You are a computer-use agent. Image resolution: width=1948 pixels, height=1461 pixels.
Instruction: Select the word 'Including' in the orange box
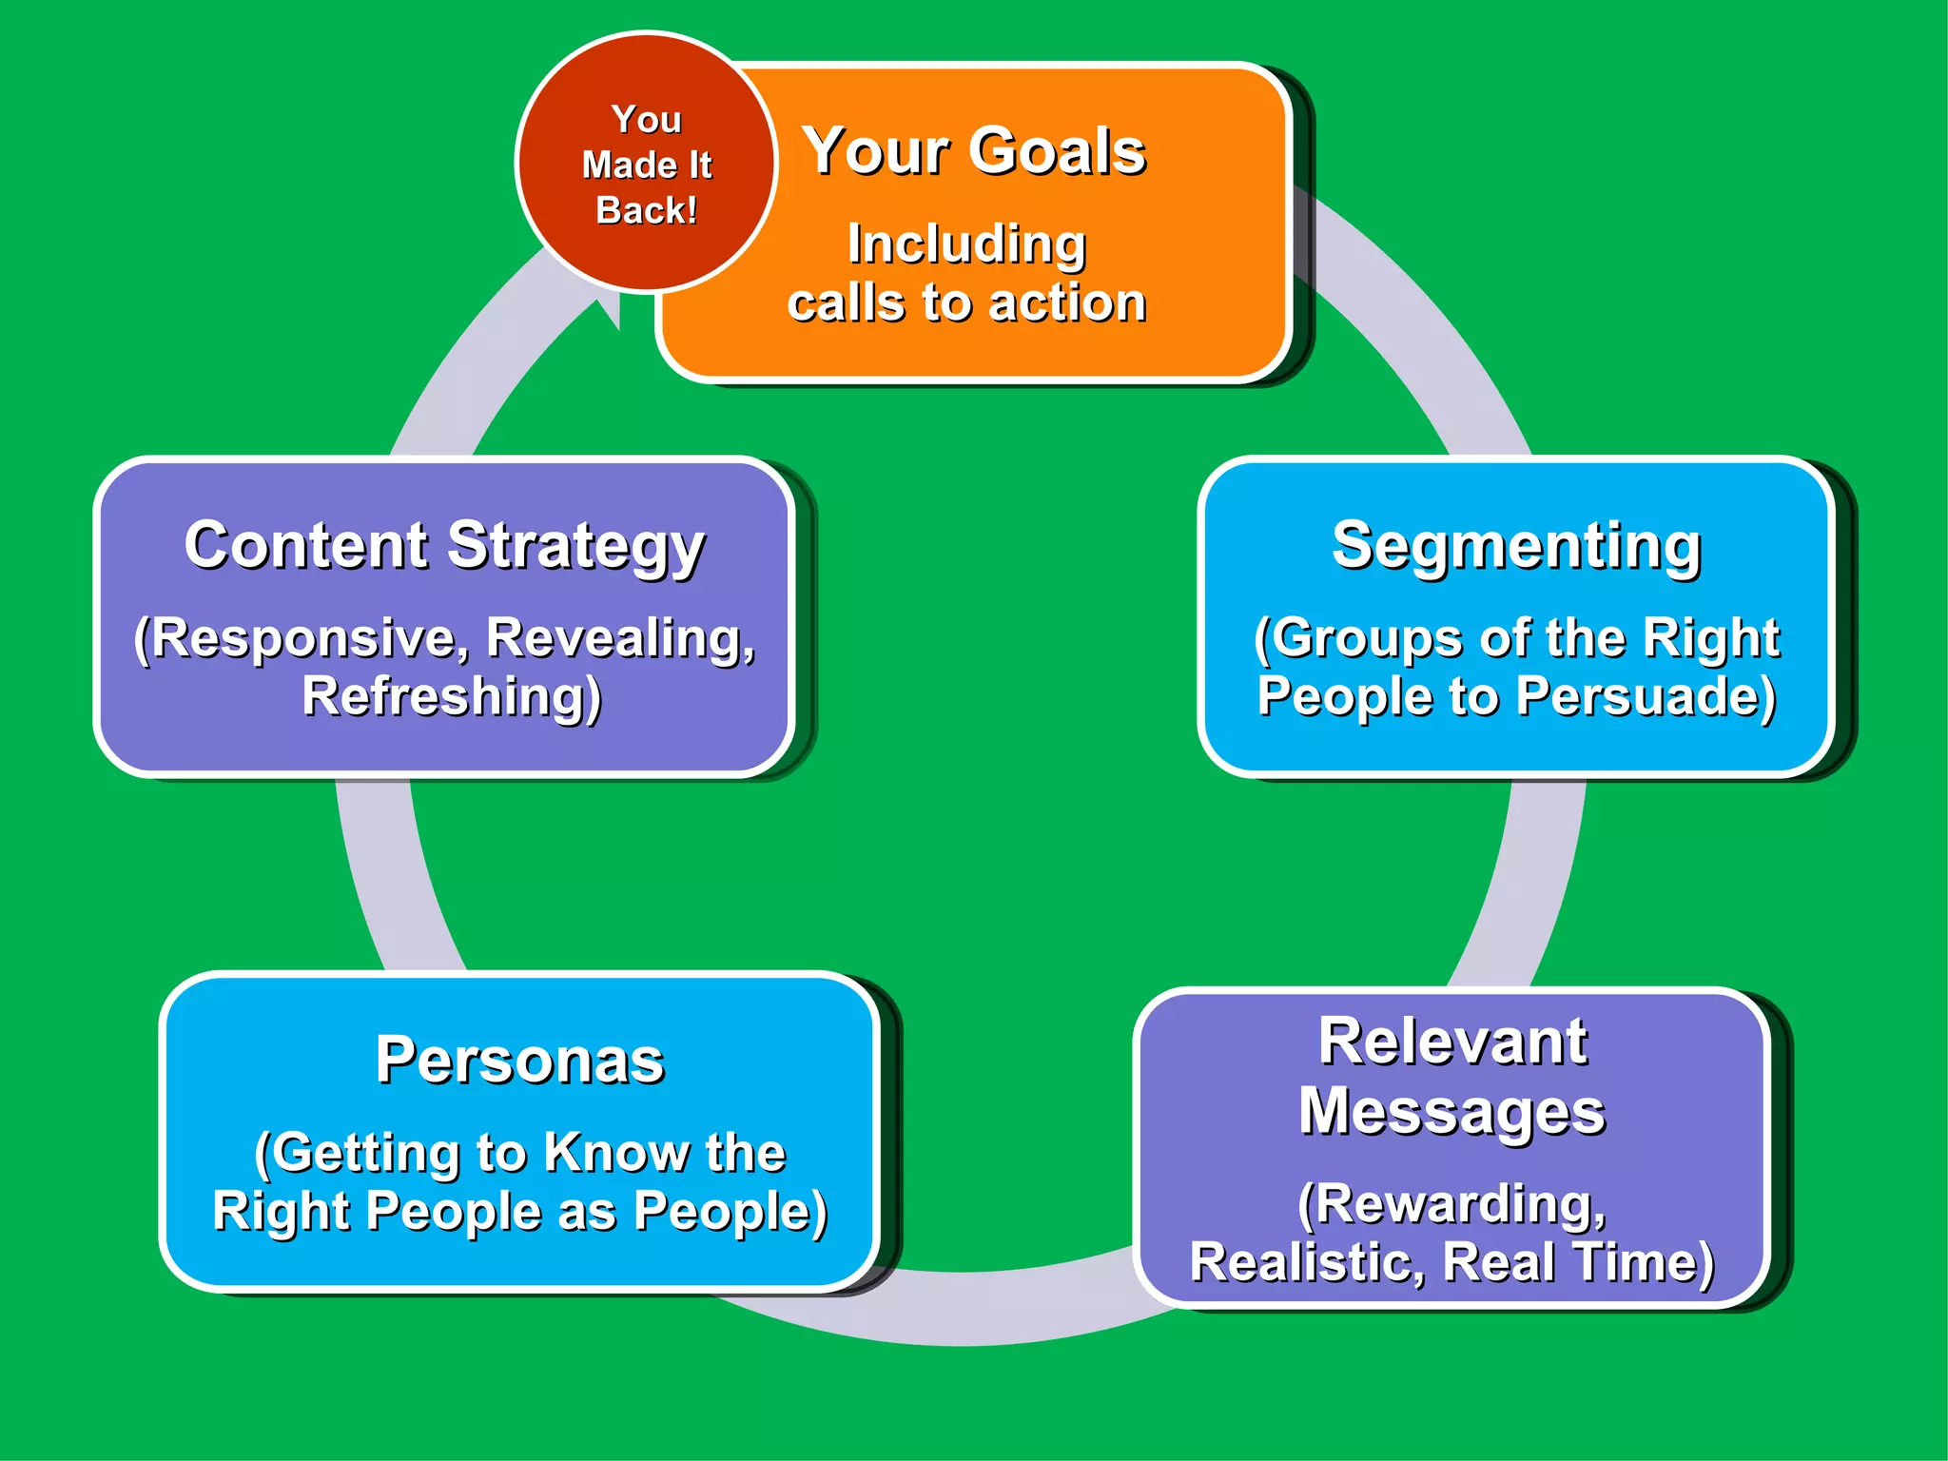tap(966, 243)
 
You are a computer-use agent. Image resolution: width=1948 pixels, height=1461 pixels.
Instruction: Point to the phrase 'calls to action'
tap(966, 303)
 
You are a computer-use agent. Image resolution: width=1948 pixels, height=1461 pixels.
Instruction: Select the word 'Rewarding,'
tap(1452, 1204)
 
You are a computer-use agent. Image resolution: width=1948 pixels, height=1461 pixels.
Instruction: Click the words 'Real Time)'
tap(1579, 1263)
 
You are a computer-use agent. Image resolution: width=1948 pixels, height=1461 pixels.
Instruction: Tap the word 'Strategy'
tap(576, 547)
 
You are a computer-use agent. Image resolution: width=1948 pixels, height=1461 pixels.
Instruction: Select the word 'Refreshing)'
tap(452, 696)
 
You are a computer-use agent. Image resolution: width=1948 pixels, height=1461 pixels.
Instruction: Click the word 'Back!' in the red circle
tap(646, 210)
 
